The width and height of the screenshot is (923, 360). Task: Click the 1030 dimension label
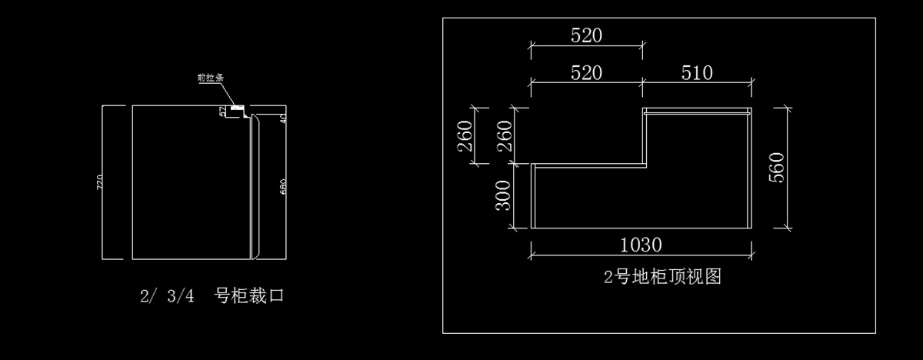(641, 245)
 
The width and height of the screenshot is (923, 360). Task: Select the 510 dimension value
(697, 73)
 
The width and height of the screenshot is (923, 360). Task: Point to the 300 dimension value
(501, 195)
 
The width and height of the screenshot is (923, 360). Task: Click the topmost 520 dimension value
(586, 35)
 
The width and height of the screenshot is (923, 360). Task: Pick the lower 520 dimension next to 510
(586, 73)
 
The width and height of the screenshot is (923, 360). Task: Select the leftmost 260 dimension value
(465, 137)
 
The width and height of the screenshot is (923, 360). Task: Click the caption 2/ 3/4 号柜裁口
(212, 296)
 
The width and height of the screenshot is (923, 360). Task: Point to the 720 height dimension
(98, 183)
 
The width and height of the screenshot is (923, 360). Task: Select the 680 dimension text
(283, 187)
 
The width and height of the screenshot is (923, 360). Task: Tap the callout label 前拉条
(210, 78)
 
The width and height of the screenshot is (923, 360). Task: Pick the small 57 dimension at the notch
(223, 112)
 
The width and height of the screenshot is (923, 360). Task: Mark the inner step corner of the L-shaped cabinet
(643, 164)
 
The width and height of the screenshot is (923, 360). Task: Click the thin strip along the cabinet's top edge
(696, 111)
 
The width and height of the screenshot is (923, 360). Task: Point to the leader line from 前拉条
(228, 93)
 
